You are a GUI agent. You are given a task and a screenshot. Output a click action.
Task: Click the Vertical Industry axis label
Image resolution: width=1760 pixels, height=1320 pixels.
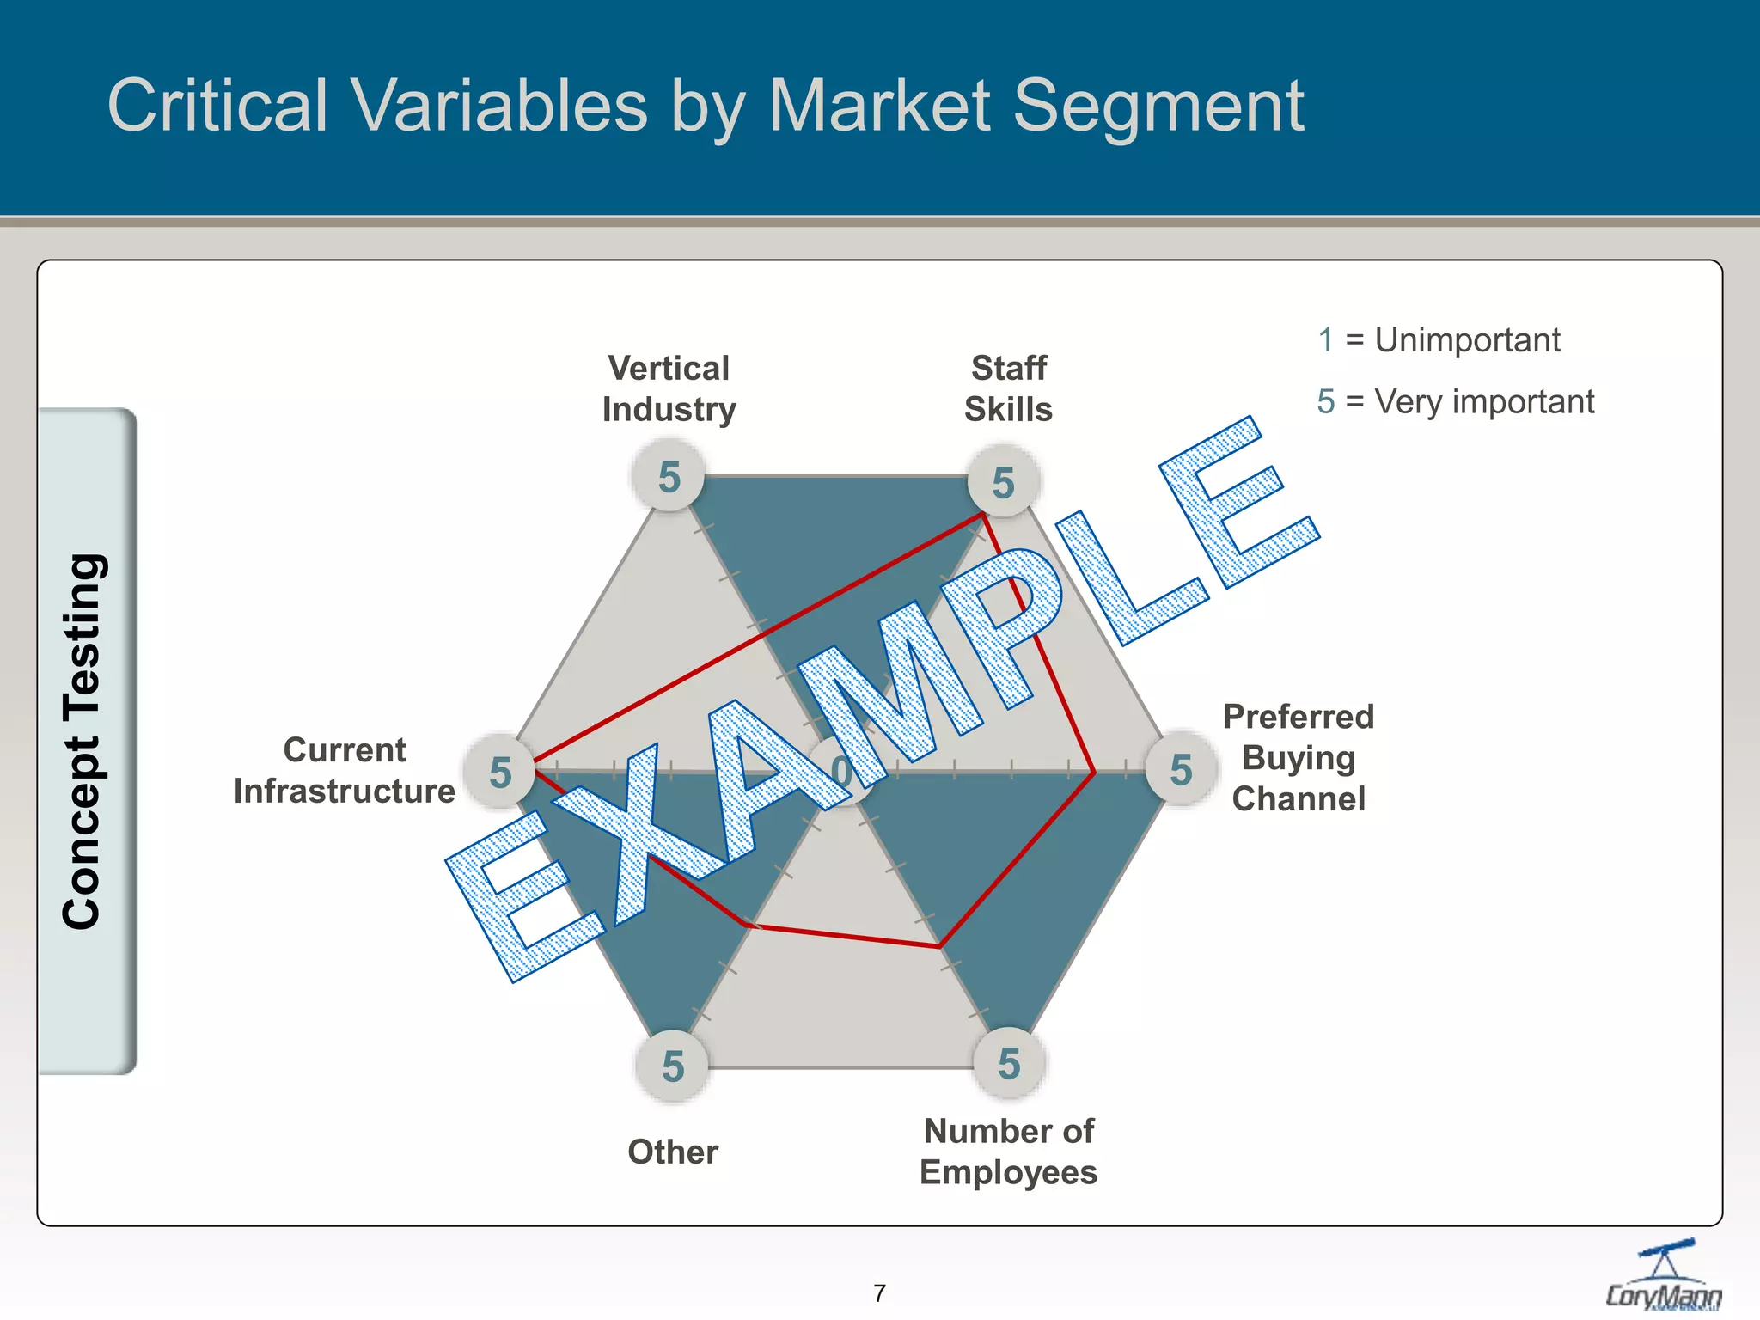click(669, 388)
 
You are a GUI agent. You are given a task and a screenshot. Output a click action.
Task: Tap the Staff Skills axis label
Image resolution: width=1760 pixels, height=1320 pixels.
click(1008, 388)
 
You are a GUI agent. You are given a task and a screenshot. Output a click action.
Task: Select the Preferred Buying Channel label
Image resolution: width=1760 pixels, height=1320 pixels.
click(1298, 757)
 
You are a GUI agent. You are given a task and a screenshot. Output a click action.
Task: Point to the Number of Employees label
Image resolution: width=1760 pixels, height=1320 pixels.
click(1008, 1152)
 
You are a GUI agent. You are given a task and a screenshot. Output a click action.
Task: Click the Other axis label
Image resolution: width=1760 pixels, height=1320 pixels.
click(673, 1152)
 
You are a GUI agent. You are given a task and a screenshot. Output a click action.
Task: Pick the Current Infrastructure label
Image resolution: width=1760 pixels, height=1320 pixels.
click(344, 770)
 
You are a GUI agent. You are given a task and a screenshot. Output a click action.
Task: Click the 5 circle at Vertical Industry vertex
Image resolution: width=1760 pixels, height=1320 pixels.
click(669, 477)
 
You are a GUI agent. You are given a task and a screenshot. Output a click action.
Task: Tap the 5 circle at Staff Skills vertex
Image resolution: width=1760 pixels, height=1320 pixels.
click(1003, 482)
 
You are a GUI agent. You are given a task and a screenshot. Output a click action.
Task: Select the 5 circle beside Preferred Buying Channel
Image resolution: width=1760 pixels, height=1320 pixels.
click(1182, 770)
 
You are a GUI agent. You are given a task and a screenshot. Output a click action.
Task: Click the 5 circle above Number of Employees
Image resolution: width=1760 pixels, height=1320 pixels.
click(1009, 1064)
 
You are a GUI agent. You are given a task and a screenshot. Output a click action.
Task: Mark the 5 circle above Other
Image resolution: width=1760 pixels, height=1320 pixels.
click(673, 1066)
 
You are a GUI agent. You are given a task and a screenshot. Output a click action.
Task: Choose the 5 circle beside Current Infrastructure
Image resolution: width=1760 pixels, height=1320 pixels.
click(500, 772)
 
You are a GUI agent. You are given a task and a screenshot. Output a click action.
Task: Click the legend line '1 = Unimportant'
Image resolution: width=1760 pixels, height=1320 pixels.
click(1438, 340)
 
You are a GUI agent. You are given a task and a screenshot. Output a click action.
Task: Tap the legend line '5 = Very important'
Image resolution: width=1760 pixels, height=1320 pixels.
click(1454, 401)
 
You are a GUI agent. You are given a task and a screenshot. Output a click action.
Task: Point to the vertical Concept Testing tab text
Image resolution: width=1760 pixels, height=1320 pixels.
click(84, 741)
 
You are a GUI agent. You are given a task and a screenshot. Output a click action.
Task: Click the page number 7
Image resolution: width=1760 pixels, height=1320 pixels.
click(879, 1292)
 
